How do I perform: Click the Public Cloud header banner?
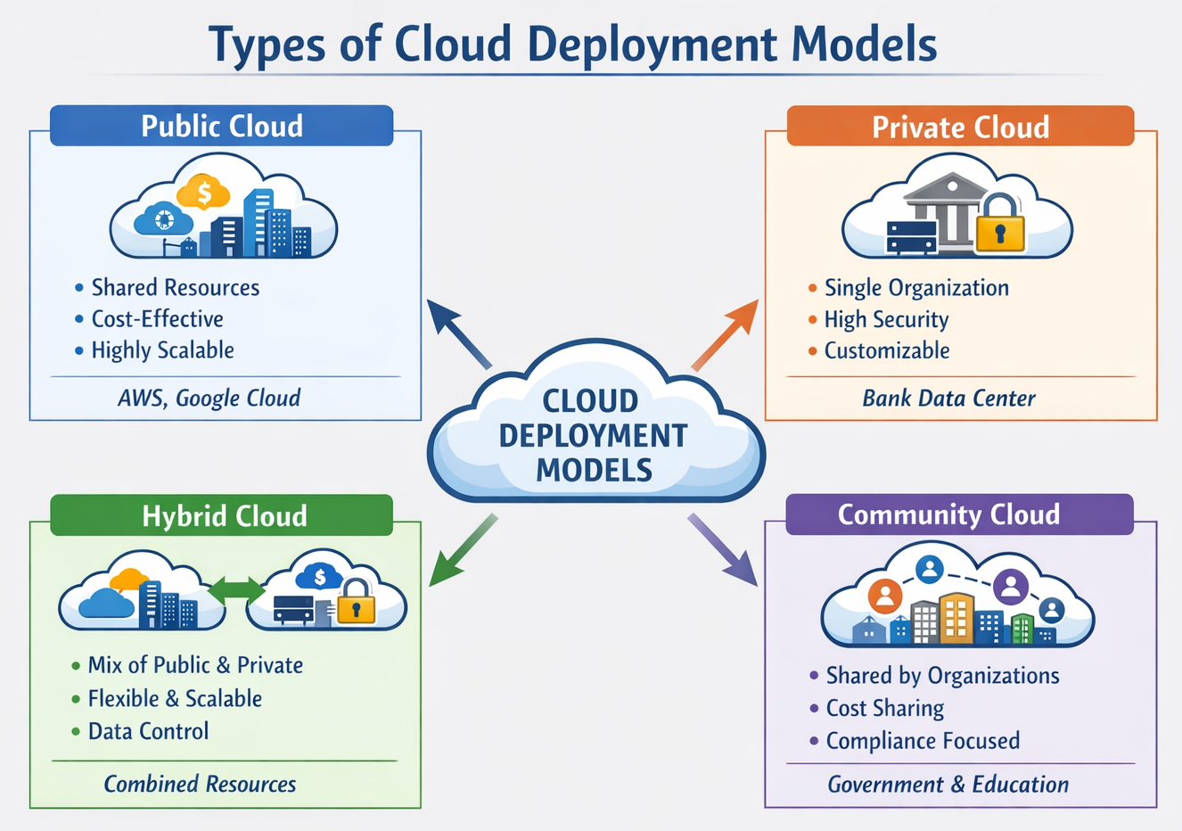tap(221, 126)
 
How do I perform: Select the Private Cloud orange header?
tap(960, 127)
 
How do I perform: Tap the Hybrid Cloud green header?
tap(222, 515)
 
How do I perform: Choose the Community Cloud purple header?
tap(958, 514)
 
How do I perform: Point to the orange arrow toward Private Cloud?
tap(725, 334)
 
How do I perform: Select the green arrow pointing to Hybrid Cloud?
tap(462, 550)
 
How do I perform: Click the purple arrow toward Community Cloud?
tap(722, 549)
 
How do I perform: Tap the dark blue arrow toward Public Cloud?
tap(458, 333)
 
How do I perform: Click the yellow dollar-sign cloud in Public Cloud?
tap(203, 192)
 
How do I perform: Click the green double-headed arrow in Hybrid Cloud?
tap(236, 589)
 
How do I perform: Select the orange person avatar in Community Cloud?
tap(884, 596)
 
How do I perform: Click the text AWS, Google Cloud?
tap(209, 398)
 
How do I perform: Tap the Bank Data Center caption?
tap(948, 399)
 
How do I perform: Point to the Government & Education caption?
tap(948, 785)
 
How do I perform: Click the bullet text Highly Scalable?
tap(162, 350)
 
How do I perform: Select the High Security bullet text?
tap(886, 319)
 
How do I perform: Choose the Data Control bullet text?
tap(148, 731)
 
